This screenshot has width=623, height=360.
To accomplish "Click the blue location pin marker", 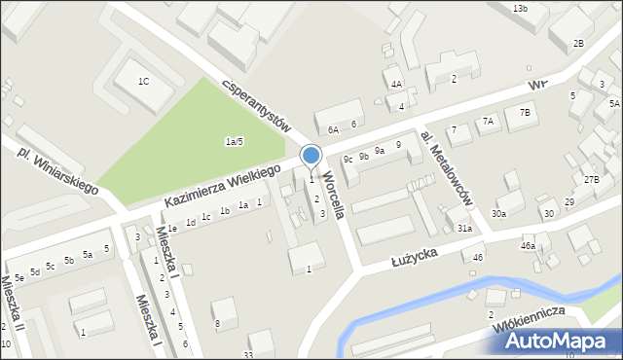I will pyautogui.click(x=311, y=156).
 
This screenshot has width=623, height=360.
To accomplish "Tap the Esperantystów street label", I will pyautogui.click(x=257, y=103).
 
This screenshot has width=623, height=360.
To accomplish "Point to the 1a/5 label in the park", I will pyautogui.click(x=234, y=142).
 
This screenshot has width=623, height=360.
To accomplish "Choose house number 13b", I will pyautogui.click(x=520, y=8).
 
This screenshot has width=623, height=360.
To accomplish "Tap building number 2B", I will pyautogui.click(x=578, y=43).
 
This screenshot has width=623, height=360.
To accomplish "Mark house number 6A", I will pyautogui.click(x=333, y=128).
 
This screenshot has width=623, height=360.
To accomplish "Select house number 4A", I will pyautogui.click(x=396, y=85).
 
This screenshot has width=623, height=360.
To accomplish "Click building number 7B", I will pyautogui.click(x=525, y=113).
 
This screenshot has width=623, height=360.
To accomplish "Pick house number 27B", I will pyautogui.click(x=591, y=179).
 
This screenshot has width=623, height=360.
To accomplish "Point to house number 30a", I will pyautogui.click(x=499, y=213).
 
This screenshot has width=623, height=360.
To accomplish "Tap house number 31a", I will pyautogui.click(x=465, y=228).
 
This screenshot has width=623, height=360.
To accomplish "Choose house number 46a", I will pyautogui.click(x=528, y=246).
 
